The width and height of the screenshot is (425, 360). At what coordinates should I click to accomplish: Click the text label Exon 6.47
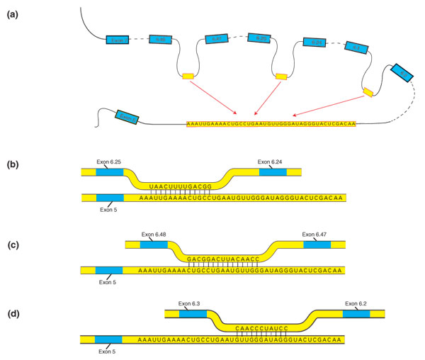point(318,234)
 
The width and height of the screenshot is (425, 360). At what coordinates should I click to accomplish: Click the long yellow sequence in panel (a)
point(271,124)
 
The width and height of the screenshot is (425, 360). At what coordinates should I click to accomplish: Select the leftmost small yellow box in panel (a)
point(188,76)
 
